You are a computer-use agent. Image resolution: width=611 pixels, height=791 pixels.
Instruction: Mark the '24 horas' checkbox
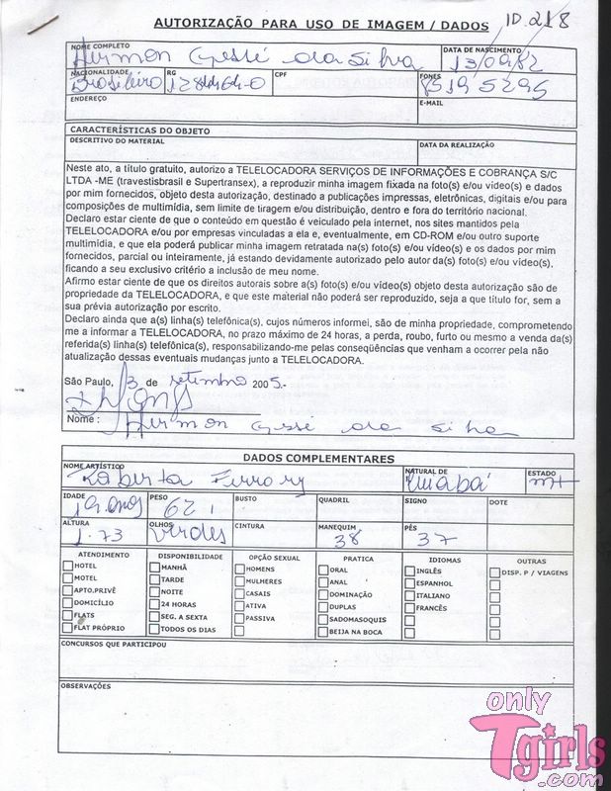pyautogui.click(x=152, y=604)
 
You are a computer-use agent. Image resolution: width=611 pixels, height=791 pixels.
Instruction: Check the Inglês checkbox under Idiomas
pyautogui.click(x=408, y=571)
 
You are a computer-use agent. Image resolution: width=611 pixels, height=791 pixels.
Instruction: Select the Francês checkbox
pyautogui.click(x=408, y=608)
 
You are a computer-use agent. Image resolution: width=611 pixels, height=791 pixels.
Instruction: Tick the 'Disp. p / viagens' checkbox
pyautogui.click(x=493, y=571)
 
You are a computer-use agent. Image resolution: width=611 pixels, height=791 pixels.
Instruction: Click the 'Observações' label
pyautogui.click(x=86, y=684)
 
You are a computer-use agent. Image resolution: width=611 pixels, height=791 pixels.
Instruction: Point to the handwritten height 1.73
pyautogui.click(x=91, y=535)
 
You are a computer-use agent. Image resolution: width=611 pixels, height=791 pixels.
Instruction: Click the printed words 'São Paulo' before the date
pyautogui.click(x=85, y=382)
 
